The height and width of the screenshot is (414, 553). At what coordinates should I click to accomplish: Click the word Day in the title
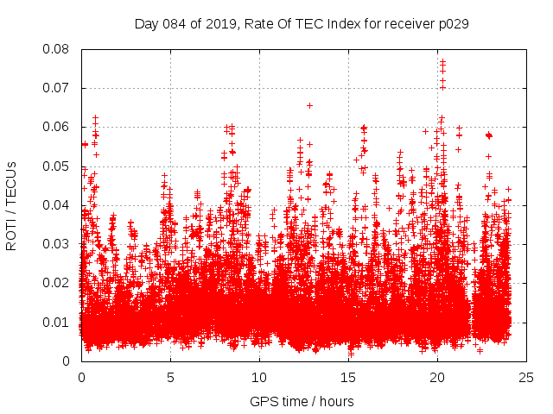point(147,23)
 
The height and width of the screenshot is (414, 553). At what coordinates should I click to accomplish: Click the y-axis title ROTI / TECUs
point(12,205)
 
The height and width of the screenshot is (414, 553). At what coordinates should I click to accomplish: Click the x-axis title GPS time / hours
point(302,401)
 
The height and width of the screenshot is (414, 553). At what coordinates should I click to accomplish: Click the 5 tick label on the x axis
point(170,377)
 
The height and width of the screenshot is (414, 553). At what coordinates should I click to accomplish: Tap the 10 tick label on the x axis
point(259,377)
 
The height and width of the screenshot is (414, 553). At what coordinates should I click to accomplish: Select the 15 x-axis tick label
point(348,377)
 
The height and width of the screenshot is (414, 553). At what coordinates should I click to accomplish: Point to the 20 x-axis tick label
point(437,377)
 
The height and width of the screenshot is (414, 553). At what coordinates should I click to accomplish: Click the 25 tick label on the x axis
point(526,377)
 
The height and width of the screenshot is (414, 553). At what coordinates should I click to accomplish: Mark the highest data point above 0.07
point(442,61)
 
